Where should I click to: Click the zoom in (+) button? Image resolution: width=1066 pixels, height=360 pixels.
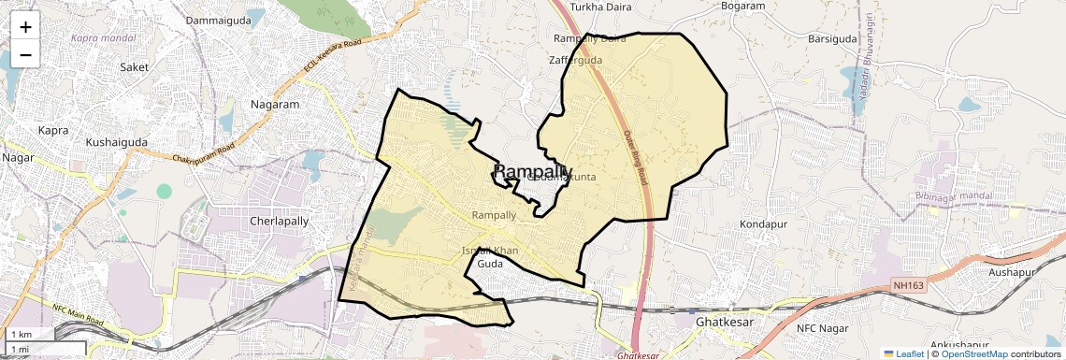coord(25,27)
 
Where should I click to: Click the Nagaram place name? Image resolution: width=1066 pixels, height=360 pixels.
coord(274,105)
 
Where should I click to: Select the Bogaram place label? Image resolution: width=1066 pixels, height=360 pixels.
coord(743,7)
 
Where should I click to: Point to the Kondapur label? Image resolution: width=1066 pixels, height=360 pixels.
coord(765,225)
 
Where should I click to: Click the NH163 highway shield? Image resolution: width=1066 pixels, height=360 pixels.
coord(906,284)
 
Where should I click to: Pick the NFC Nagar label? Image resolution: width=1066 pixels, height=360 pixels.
coord(827,328)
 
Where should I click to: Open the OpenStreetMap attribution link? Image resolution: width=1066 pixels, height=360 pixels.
coord(973,354)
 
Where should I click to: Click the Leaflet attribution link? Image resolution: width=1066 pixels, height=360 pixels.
coord(905,354)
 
